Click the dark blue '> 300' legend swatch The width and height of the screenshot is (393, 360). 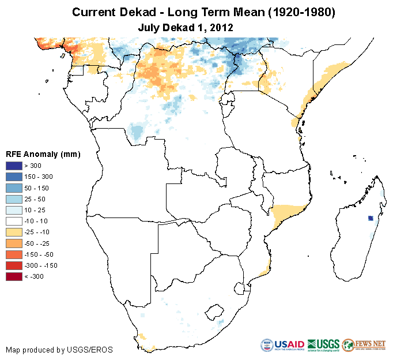pyautogui.click(x=13, y=166)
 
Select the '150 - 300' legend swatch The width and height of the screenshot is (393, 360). pyautogui.click(x=13, y=177)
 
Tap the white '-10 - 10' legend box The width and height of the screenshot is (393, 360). pyautogui.click(x=13, y=221)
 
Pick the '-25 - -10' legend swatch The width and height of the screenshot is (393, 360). pyautogui.click(x=13, y=232)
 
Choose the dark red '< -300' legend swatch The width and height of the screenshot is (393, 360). pyautogui.click(x=13, y=276)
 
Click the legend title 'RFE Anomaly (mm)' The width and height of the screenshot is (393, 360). pyautogui.click(x=43, y=155)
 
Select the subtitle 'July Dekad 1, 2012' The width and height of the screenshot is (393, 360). pyautogui.click(x=185, y=27)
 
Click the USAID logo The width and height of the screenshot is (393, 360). pyautogui.click(x=282, y=345)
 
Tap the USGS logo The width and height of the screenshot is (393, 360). pyautogui.click(x=323, y=345)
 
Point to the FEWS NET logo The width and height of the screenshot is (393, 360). pyautogui.click(x=364, y=345)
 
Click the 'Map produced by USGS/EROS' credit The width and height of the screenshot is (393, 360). pyautogui.click(x=59, y=350)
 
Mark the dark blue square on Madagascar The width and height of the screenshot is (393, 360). pyautogui.click(x=371, y=218)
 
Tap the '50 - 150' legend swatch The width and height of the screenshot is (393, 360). pyautogui.click(x=13, y=187)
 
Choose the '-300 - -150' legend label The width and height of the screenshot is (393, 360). pyautogui.click(x=38, y=265)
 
